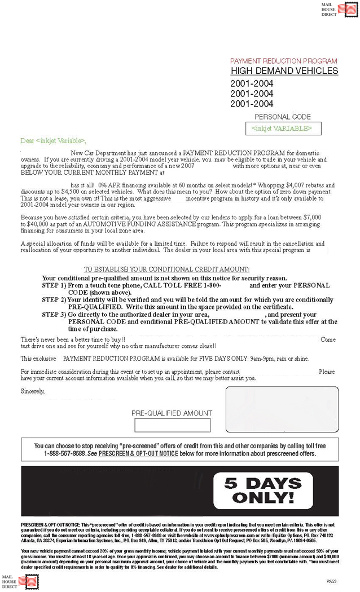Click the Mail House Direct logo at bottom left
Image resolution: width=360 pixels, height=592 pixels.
[17, 581]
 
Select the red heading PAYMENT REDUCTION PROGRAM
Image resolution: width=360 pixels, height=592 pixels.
[283, 61]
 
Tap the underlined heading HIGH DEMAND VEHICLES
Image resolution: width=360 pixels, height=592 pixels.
[284, 71]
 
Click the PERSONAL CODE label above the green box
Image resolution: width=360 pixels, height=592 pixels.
[283, 117]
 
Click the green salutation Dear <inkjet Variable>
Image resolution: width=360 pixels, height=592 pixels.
[54, 140]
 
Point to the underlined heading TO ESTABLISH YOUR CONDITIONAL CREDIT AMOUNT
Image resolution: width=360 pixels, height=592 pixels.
[166, 270]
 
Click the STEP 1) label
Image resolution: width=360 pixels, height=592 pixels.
[55, 286]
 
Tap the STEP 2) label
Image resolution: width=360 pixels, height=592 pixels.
[55, 300]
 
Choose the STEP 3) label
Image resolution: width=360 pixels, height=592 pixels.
[55, 315]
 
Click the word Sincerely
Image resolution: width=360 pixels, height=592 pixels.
[32, 391]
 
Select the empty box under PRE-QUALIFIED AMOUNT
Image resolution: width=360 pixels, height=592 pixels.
[172, 425]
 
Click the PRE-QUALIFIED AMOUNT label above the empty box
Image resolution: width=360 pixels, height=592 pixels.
[172, 413]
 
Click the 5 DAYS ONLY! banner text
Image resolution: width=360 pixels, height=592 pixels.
[263, 490]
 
